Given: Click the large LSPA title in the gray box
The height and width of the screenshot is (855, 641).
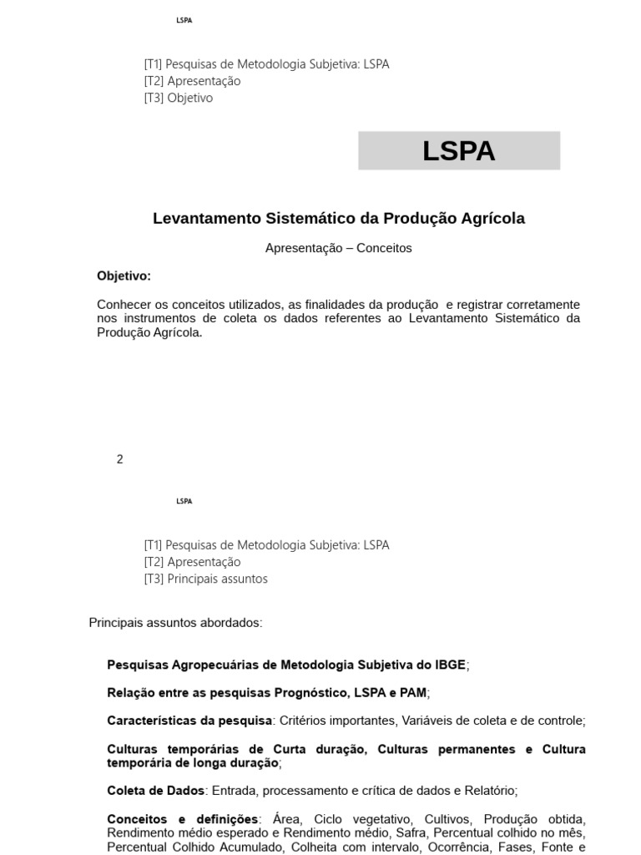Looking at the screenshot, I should [x=458, y=151].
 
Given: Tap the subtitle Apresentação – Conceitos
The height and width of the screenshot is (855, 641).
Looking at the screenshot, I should [x=338, y=248].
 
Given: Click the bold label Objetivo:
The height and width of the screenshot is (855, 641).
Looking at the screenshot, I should [x=124, y=276].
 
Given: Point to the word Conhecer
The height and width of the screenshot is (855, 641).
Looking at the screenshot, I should [x=122, y=305].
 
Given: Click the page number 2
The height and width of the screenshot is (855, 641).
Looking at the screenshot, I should [x=120, y=459].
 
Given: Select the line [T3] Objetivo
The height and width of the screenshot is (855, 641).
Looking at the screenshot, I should [x=179, y=98].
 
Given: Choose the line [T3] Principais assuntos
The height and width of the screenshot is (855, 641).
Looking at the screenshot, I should [x=206, y=579].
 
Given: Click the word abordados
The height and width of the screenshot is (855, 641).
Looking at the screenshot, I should [x=233, y=623].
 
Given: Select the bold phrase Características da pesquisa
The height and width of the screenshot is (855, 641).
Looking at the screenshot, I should [x=189, y=721].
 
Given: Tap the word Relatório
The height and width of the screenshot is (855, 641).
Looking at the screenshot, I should [x=491, y=791].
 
